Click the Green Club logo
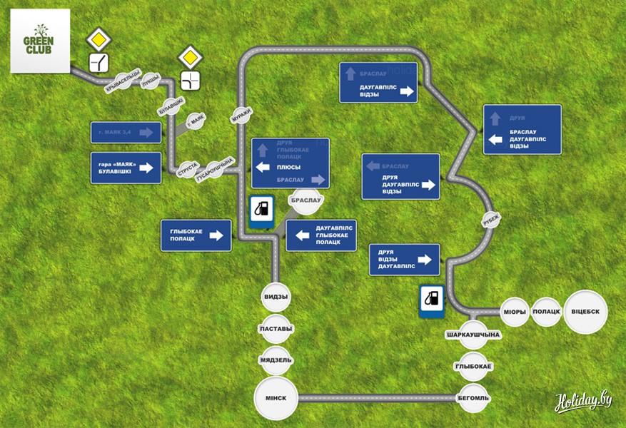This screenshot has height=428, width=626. (40, 40)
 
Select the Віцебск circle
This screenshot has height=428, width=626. (587, 312)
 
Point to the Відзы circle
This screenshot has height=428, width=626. (276, 297)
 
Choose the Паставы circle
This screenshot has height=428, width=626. (276, 329)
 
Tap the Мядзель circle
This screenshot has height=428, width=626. (276, 360)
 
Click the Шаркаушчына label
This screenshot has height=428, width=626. (473, 335)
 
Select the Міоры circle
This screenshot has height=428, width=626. (515, 312)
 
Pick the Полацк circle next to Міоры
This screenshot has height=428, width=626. (546, 312)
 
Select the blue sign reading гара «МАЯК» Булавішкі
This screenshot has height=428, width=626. (125, 168)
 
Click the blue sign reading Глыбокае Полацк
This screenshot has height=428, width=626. (196, 235)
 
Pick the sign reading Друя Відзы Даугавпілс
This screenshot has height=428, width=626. (403, 260)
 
